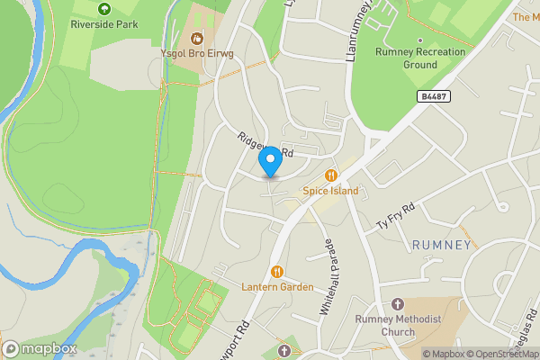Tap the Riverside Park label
pyautogui.click(x=104, y=24)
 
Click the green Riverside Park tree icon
pyautogui.click(x=104, y=9)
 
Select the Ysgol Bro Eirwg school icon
pyautogui.click(x=198, y=38)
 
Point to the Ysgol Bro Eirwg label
pyautogui.click(x=198, y=54)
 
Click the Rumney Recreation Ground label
pyautogui.click(x=421, y=58)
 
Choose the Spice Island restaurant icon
pyautogui.click(x=331, y=175)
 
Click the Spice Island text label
pyautogui.click(x=331, y=191)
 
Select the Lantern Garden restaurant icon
pyautogui.click(x=277, y=272)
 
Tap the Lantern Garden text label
pyautogui.click(x=277, y=287)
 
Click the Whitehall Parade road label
pyautogui.click(x=325, y=275)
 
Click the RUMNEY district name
pyautogui.click(x=441, y=245)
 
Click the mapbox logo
pyautogui.click(x=40, y=348)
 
